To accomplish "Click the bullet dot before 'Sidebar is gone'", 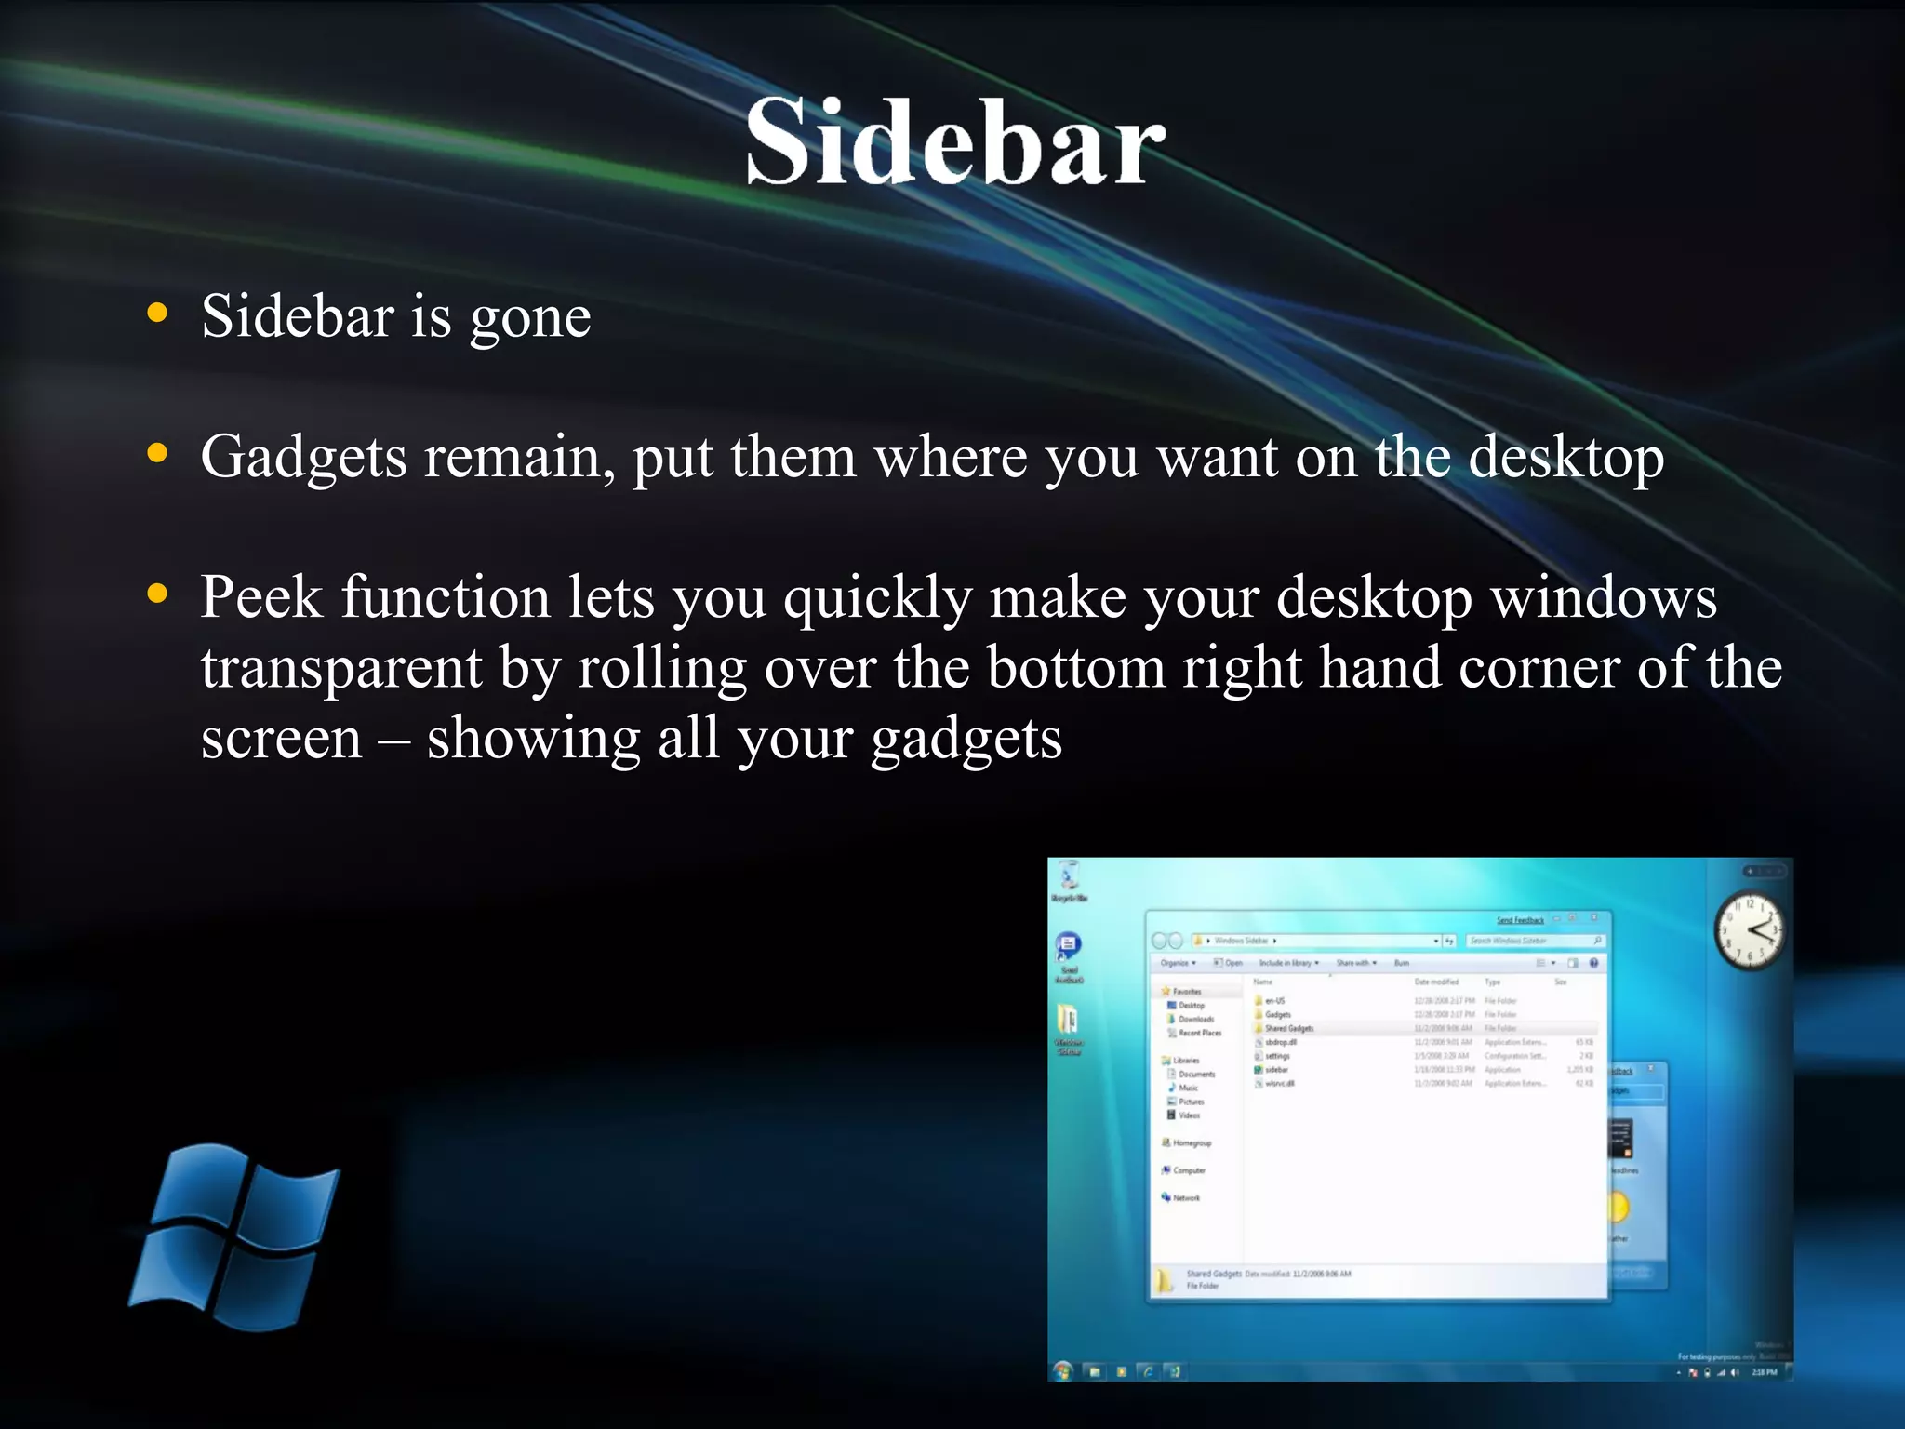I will (x=158, y=314).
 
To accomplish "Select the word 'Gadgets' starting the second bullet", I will (x=303, y=458).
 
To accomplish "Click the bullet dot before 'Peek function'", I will (x=158, y=593).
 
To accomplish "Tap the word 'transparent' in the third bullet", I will (x=341, y=668).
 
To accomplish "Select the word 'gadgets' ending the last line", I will (x=966, y=741).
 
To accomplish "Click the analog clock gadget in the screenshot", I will (x=1750, y=931).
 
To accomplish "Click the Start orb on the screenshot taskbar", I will (x=1063, y=1370).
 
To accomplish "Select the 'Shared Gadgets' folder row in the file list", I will (x=1289, y=1028).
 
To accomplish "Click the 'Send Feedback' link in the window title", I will (x=1520, y=920).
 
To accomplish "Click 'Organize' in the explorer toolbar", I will (x=1176, y=963).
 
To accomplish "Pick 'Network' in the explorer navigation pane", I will (x=1185, y=1197).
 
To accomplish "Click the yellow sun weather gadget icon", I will (x=1619, y=1208).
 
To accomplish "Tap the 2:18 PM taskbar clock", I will (x=1764, y=1371).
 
